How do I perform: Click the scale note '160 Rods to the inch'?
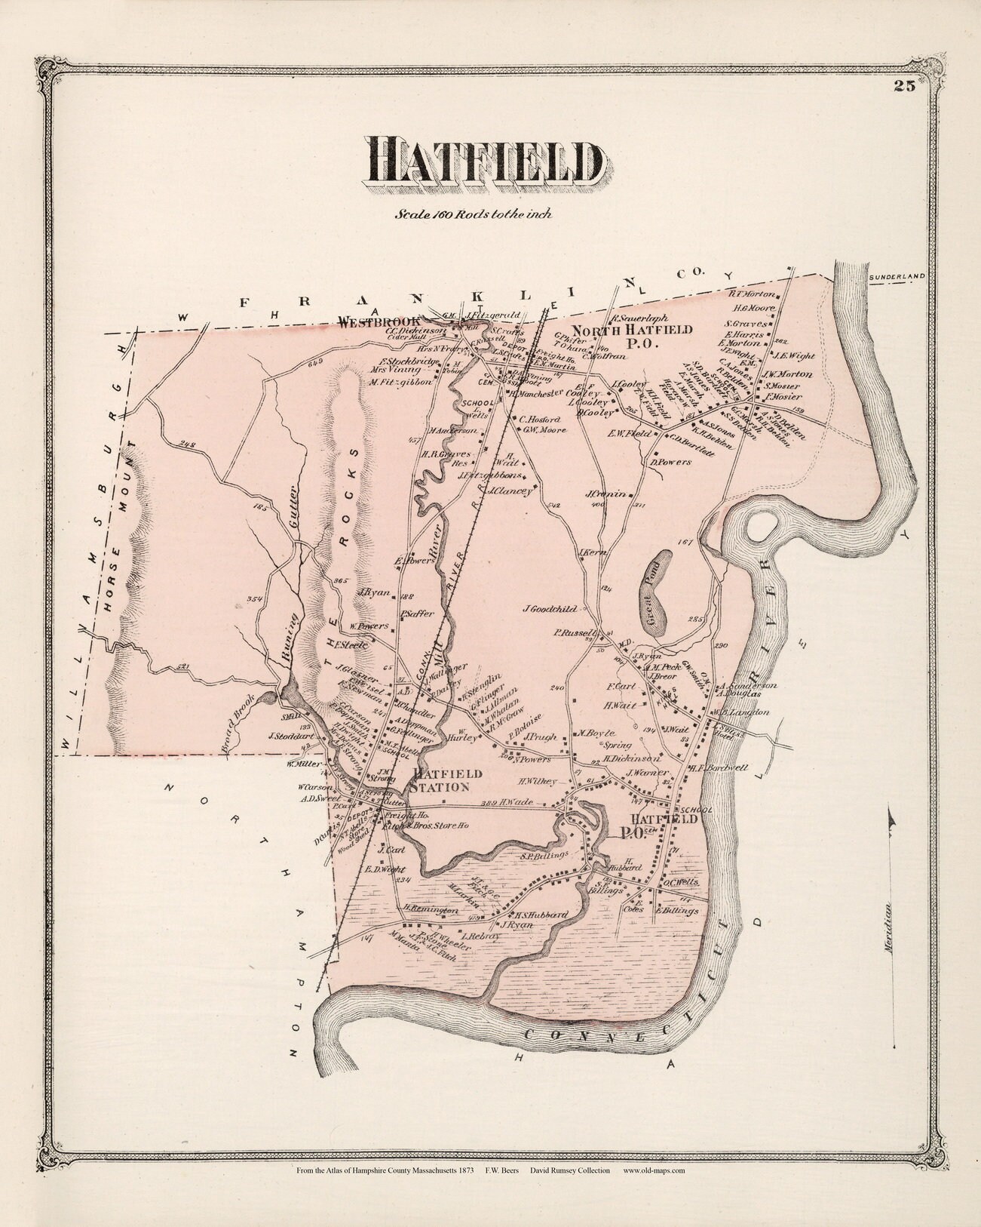[x=474, y=214]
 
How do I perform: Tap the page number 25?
[x=905, y=85]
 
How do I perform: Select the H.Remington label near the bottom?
[x=431, y=911]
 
